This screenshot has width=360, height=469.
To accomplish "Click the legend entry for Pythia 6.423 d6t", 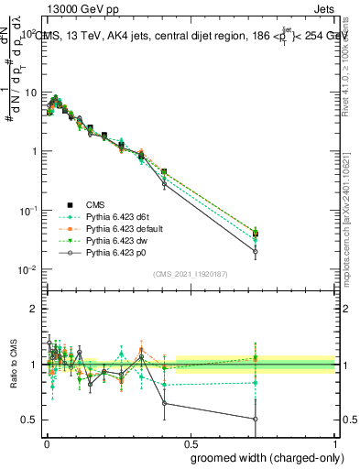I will [x=115, y=216].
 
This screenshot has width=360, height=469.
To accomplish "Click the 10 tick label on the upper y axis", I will [x=33, y=93].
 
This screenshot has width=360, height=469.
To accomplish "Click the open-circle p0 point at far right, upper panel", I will [x=255, y=251].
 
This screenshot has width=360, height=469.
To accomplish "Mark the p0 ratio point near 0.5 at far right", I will [x=255, y=419].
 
